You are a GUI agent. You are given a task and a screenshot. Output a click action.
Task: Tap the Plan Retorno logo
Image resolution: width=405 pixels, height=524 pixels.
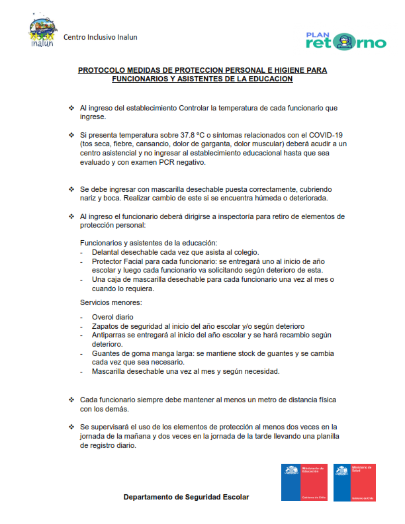pyautogui.click(x=345, y=41)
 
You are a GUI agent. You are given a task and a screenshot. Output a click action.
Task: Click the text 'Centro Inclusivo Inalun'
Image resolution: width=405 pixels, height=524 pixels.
pyautogui.click(x=101, y=37)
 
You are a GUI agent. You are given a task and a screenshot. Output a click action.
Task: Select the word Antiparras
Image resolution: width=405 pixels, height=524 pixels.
pyautogui.click(x=109, y=335)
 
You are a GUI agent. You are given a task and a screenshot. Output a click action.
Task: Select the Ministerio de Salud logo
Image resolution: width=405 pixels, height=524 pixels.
pyautogui.click(x=354, y=482)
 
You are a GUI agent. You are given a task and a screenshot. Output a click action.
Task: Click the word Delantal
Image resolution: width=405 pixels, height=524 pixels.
pyautogui.click(x=107, y=252)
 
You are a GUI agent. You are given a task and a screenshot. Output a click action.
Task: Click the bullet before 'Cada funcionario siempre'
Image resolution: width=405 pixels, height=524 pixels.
pyautogui.click(x=71, y=400)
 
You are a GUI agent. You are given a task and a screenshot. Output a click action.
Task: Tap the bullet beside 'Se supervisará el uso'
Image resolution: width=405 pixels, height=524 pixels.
pyautogui.click(x=71, y=427)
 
